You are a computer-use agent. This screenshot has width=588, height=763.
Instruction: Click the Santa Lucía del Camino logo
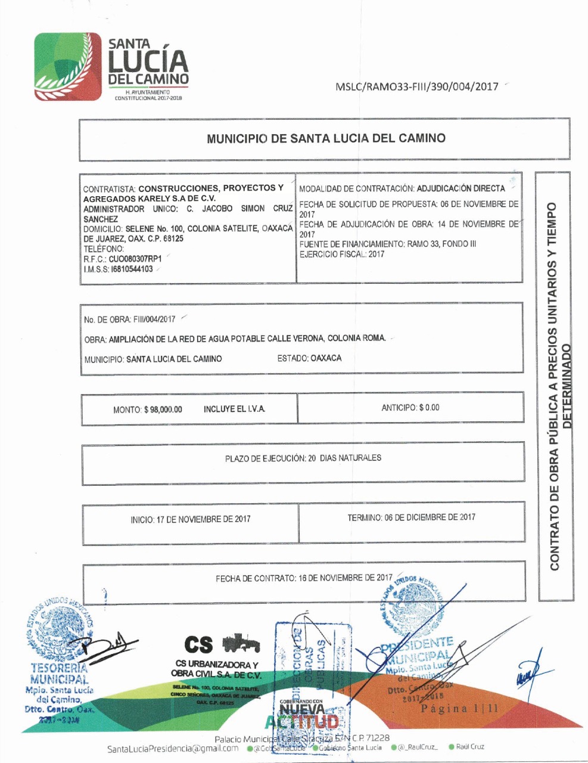[x=111, y=67]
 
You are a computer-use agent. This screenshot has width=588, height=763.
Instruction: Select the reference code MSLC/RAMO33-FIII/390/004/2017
[x=416, y=86]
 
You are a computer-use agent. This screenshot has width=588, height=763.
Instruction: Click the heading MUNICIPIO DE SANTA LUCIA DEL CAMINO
[x=326, y=138]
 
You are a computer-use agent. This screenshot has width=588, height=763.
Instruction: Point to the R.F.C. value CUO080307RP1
[x=135, y=259]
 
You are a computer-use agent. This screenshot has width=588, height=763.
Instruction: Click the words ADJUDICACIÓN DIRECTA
[x=461, y=188]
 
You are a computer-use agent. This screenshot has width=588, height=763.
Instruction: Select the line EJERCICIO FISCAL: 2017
[x=341, y=254]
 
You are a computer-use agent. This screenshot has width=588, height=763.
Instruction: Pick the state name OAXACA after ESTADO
[x=326, y=358]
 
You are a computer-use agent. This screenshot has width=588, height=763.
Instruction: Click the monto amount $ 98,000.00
[x=163, y=410]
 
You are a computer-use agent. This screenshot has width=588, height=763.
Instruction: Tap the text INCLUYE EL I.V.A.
[x=234, y=409]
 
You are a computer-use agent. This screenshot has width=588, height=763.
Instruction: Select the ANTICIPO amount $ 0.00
[x=429, y=408]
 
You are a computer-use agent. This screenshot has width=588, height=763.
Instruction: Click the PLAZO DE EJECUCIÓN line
[x=303, y=458]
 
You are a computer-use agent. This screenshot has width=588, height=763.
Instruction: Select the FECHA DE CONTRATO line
[x=304, y=578]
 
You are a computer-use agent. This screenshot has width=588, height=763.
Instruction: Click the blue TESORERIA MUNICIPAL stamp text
[x=58, y=674]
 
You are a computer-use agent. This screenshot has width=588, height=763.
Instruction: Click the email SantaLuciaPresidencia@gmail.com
[x=173, y=749]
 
